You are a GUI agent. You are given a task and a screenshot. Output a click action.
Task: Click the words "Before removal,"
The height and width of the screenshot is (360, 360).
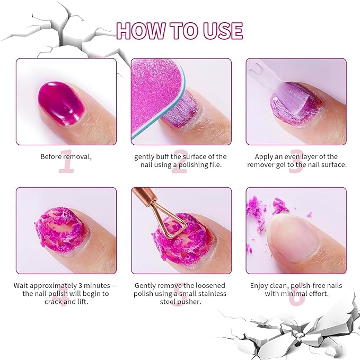(66, 156)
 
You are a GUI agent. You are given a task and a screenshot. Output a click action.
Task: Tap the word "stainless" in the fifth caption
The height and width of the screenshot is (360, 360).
(210, 294)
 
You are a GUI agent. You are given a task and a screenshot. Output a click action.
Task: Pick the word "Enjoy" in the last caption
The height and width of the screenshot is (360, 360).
(260, 285)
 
